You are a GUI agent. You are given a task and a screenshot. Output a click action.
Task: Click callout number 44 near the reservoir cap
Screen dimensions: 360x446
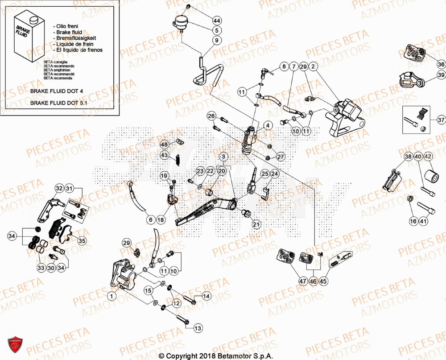[217, 21]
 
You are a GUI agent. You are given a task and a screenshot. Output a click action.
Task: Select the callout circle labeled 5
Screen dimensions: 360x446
[217, 30]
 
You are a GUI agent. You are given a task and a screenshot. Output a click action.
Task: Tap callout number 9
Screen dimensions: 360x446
[217, 40]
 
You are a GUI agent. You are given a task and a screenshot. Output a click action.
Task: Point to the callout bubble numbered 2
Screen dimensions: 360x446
[313, 67]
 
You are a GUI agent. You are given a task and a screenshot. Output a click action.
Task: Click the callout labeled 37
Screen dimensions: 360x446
[441, 120]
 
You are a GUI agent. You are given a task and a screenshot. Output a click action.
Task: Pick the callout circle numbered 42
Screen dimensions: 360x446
[428, 157]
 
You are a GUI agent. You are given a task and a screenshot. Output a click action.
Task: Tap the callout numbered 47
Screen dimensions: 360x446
[303, 281]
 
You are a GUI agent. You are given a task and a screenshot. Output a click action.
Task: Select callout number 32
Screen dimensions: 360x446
[59, 189]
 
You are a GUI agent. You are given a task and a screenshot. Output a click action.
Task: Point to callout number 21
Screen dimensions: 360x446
[256, 224]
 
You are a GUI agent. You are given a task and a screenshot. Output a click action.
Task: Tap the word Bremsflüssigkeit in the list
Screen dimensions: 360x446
[77, 38]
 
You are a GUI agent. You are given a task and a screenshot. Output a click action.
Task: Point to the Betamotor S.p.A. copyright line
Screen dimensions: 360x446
[223, 356]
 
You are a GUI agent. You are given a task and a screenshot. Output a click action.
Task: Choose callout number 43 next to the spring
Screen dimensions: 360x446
[165, 155]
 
